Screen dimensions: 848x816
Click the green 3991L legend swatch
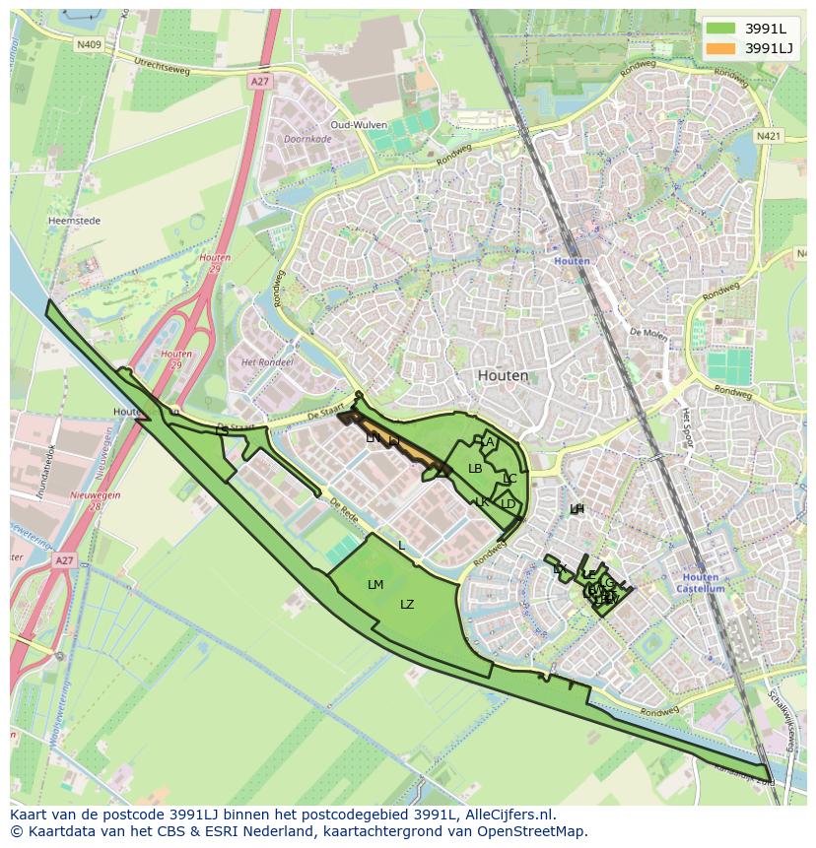[720, 29]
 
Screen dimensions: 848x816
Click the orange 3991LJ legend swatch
[720, 48]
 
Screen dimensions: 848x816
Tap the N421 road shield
[769, 135]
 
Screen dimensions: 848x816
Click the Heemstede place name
[75, 222]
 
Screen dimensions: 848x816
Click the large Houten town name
[503, 375]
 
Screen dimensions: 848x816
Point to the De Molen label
[647, 333]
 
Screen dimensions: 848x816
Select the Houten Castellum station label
[701, 583]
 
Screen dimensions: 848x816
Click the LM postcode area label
[374, 585]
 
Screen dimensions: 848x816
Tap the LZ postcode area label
[407, 605]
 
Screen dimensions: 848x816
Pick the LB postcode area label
[475, 469]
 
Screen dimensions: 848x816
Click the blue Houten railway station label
[572, 261]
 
